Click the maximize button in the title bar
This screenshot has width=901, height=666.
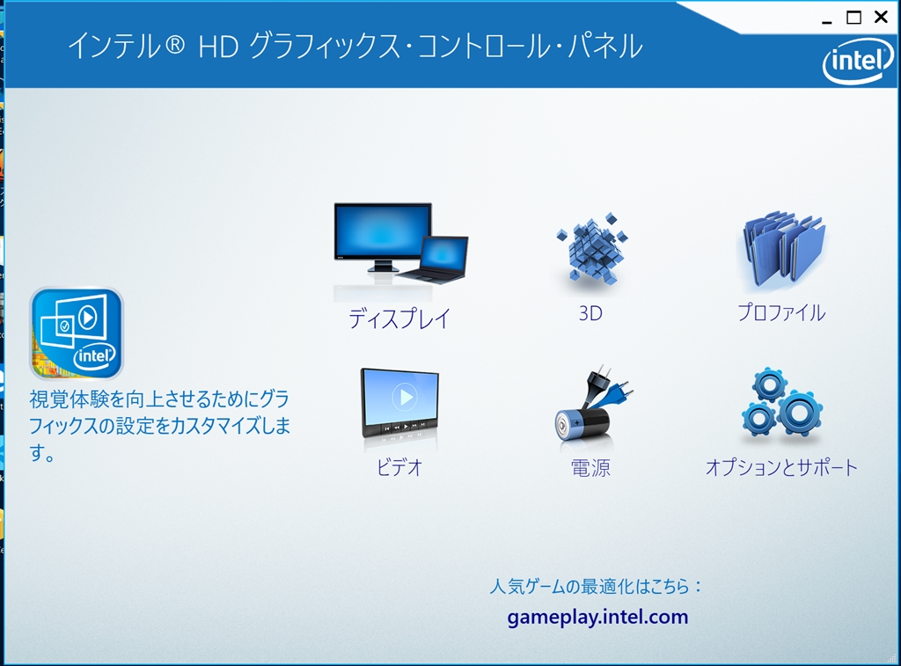pos(853,18)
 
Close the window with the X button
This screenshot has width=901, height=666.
pos(881,18)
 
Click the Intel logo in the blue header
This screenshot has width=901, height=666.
pos(858,61)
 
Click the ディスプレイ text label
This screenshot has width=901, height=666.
pos(399,318)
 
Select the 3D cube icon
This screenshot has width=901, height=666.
pos(592,250)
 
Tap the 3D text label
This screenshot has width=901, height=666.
pos(590,313)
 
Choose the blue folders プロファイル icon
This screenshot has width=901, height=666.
pos(782,250)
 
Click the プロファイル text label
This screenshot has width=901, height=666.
pos(781,312)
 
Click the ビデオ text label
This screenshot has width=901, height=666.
pos(400,467)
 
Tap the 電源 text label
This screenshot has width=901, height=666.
pos(590,468)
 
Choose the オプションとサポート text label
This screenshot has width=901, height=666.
pos(781,467)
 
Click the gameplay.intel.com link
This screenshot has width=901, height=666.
pos(597,617)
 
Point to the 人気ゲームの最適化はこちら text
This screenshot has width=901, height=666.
pos(596,586)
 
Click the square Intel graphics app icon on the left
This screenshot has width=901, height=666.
pos(77,333)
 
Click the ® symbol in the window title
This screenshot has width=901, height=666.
pos(175,45)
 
